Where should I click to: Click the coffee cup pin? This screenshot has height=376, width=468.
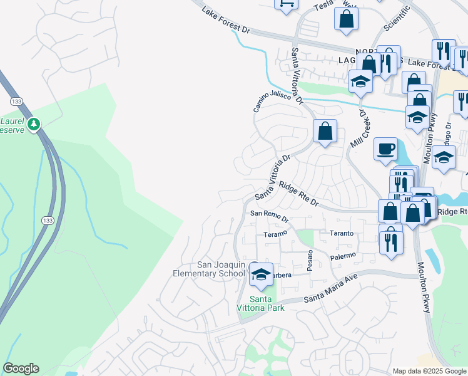click(386, 149)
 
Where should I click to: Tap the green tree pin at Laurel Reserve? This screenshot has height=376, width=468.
click(36, 123)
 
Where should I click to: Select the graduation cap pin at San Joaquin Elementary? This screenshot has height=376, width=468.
click(262, 274)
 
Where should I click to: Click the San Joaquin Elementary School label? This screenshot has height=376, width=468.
click(212, 269)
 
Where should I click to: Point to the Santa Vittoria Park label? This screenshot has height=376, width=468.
click(260, 303)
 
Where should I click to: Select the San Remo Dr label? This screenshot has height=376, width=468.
click(269, 217)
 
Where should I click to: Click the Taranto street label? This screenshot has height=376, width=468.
click(342, 233)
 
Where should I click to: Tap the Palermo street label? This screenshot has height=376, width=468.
click(343, 256)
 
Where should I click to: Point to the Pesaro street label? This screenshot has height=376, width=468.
click(309, 258)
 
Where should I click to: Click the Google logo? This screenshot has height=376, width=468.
click(21, 368)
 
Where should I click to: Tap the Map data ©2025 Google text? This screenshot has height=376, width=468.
click(429, 371)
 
